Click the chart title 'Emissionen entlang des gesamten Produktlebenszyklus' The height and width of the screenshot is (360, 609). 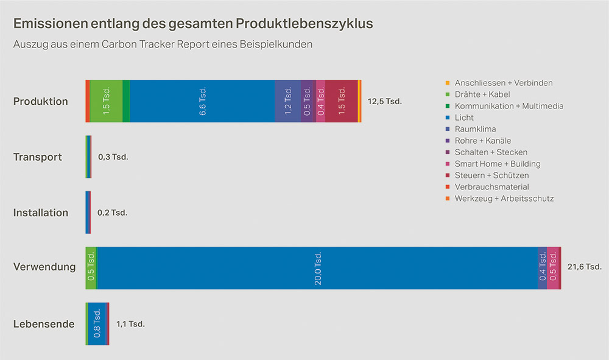pyautogui.click(x=193, y=24)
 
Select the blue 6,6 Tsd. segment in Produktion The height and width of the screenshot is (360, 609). pyautogui.click(x=202, y=101)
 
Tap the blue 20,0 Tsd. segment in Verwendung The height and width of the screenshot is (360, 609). pyautogui.click(x=317, y=268)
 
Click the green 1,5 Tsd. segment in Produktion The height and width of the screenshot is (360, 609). pyautogui.click(x=106, y=101)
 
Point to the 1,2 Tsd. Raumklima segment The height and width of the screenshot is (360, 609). pyautogui.click(x=287, y=101)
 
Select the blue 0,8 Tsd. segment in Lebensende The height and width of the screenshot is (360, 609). pyautogui.click(x=96, y=323)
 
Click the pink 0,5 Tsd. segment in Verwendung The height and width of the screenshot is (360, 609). pyautogui.click(x=552, y=268)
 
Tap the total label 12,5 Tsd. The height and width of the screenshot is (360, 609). pyautogui.click(x=385, y=101)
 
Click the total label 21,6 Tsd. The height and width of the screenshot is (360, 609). pyautogui.click(x=584, y=267)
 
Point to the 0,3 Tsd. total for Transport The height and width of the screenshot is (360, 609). pyautogui.click(x=113, y=157)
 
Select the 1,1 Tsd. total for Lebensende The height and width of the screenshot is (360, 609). pyautogui.click(x=130, y=324)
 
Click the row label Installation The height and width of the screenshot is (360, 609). pyautogui.click(x=41, y=213)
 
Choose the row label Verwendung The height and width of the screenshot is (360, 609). pyautogui.click(x=44, y=267)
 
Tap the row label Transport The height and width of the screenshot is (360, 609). pyautogui.click(x=38, y=157)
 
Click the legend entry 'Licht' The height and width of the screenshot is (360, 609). pyautogui.click(x=463, y=118)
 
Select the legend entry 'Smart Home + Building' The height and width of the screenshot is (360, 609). pyautogui.click(x=497, y=164)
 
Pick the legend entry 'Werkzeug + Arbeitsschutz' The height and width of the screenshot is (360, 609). pyautogui.click(x=504, y=199)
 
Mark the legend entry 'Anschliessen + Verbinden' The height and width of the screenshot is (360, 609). pyautogui.click(x=503, y=83)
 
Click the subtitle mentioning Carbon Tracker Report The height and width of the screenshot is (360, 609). pyautogui.click(x=163, y=45)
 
